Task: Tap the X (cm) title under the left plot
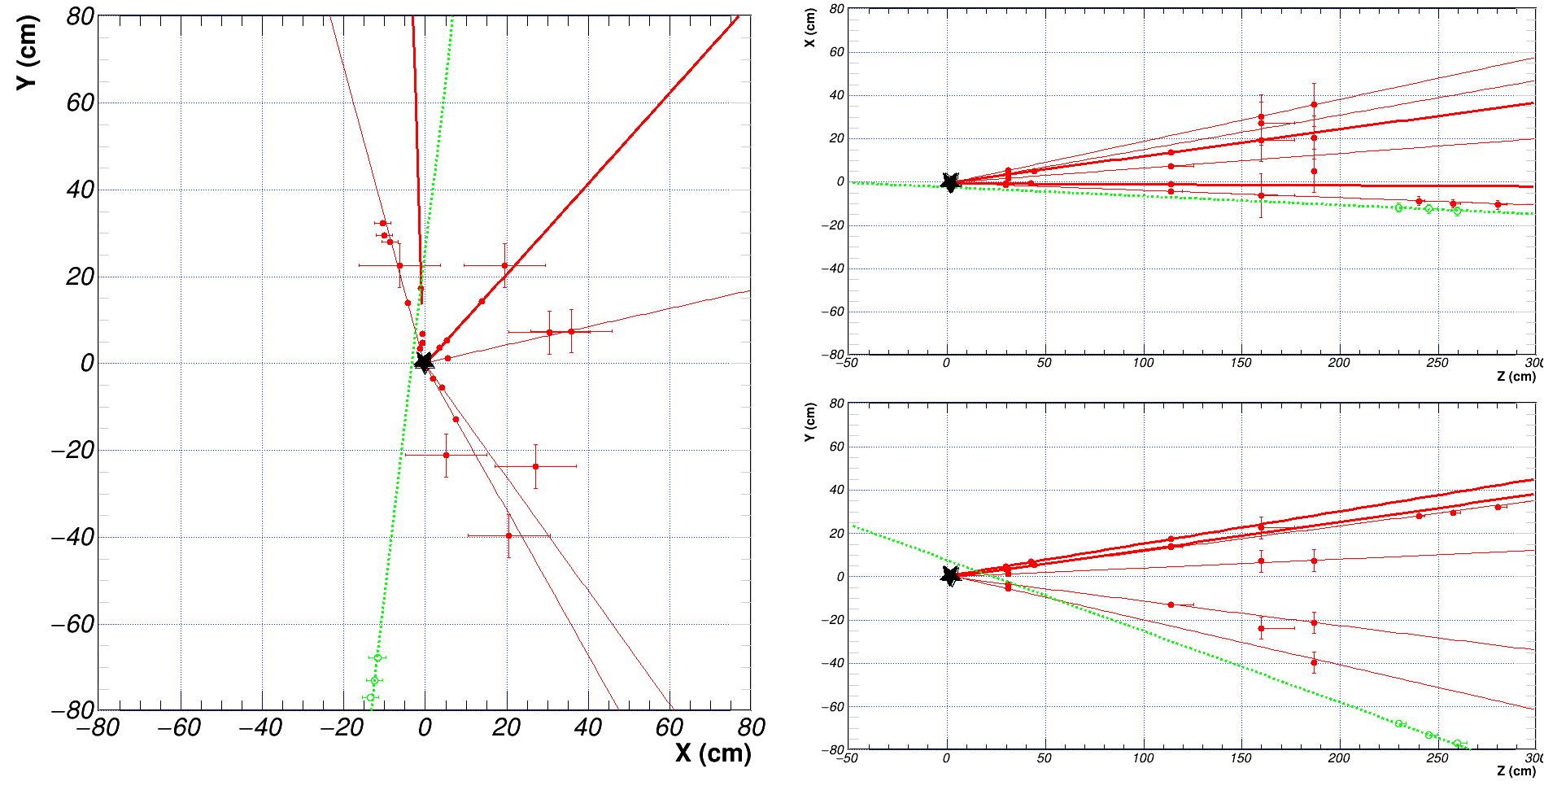click(713, 753)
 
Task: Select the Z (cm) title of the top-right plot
click(1516, 376)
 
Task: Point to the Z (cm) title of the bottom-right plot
click(1516, 770)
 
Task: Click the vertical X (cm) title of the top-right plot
click(810, 28)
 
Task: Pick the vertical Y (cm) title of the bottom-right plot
click(810, 422)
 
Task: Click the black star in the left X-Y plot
click(424, 362)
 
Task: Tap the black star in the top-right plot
click(949, 182)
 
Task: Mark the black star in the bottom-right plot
click(949, 576)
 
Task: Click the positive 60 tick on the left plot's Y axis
click(81, 103)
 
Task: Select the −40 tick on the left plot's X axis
click(260, 727)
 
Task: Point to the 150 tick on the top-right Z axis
click(1241, 363)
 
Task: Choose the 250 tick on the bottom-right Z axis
click(1437, 757)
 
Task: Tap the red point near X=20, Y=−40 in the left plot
click(509, 535)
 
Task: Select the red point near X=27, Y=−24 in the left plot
click(535, 466)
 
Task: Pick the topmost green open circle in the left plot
click(377, 657)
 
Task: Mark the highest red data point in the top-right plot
click(1314, 104)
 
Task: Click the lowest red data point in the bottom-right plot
click(1314, 662)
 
